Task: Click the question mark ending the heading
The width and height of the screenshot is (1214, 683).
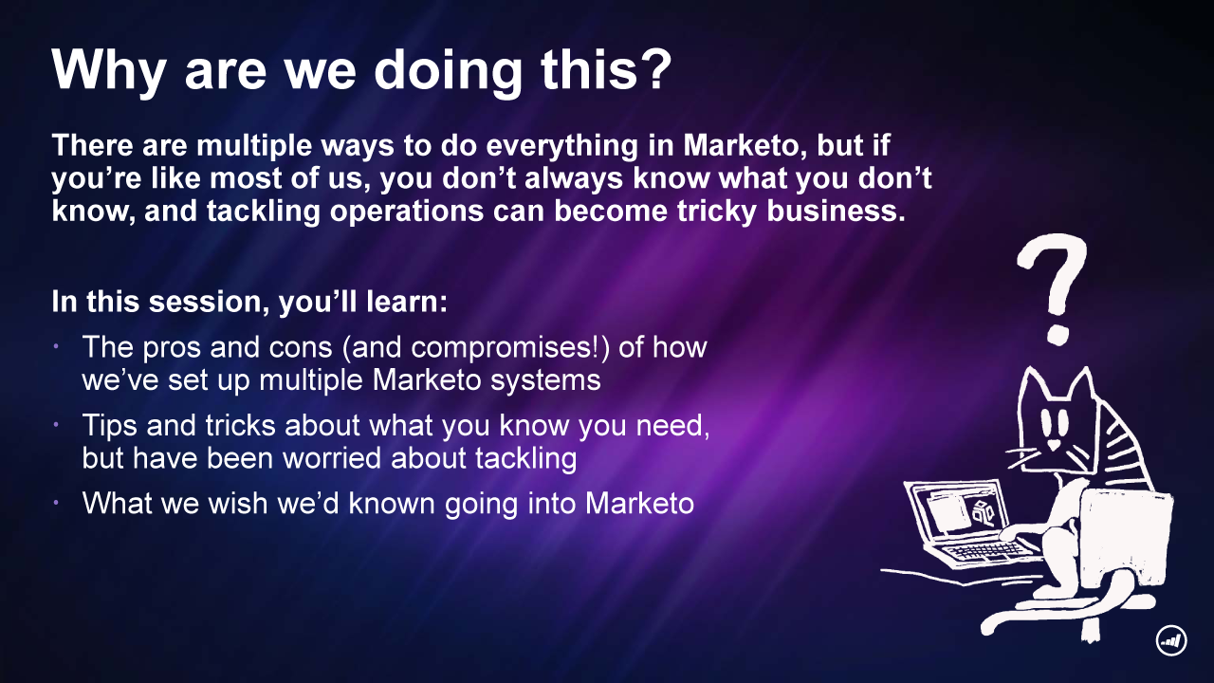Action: (653, 68)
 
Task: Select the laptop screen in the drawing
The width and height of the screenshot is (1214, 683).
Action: (959, 511)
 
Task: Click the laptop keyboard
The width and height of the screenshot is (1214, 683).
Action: (986, 552)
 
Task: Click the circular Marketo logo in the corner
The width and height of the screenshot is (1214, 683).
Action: (1171, 640)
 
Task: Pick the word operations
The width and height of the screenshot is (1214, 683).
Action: (407, 212)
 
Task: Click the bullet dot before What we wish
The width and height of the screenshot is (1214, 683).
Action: (56, 503)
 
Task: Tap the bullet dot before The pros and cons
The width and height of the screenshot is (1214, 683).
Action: (56, 346)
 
